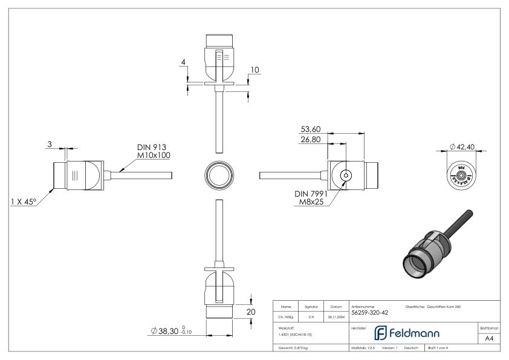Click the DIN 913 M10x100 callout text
(x=152, y=151)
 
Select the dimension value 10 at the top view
(x=254, y=70)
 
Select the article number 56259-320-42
(x=369, y=313)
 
